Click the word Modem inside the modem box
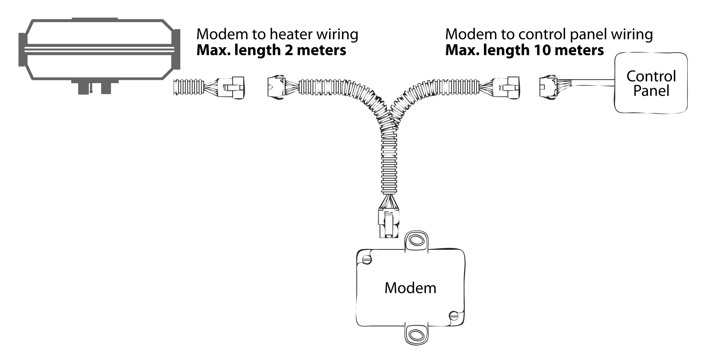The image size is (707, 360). [410, 288]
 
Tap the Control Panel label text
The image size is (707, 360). [651, 84]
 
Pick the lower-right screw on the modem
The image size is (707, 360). [454, 315]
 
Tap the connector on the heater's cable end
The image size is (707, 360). [231, 87]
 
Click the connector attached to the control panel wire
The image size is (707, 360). [548, 87]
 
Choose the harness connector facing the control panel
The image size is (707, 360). [506, 87]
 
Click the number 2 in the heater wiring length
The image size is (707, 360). [289, 50]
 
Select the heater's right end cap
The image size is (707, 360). [177, 49]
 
